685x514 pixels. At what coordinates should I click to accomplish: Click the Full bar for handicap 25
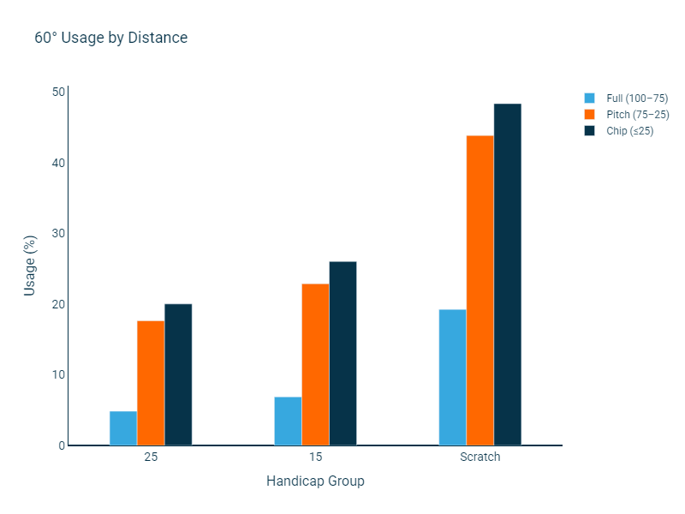point(123,428)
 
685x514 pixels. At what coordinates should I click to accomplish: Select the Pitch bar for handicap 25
point(151,383)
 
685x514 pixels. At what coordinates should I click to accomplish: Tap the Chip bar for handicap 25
point(178,374)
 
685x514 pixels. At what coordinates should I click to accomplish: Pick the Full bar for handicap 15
point(288,421)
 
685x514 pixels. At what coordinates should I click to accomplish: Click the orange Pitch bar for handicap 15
point(315,364)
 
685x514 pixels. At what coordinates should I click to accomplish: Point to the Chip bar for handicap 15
point(342,353)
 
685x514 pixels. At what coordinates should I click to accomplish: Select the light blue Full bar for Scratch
point(452,377)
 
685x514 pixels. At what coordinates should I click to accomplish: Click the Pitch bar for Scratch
point(479,290)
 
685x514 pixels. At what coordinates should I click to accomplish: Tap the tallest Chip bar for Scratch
point(507,274)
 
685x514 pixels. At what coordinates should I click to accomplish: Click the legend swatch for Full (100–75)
point(589,99)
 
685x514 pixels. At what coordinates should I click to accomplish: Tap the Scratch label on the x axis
point(479,457)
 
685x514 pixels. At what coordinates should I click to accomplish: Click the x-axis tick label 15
point(315,457)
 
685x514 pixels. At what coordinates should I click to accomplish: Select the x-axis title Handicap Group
point(315,481)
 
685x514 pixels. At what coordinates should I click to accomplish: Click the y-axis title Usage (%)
point(30,266)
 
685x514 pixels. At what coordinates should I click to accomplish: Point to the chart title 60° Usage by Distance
point(110,38)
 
